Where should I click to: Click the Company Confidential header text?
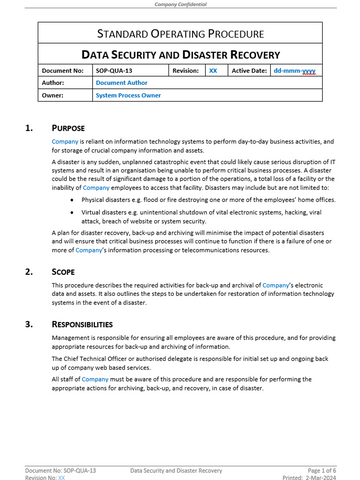[x=180, y=5]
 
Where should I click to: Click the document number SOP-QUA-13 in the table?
[x=118, y=73]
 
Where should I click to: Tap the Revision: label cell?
[x=186, y=73]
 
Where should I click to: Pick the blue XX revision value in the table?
[x=213, y=73]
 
